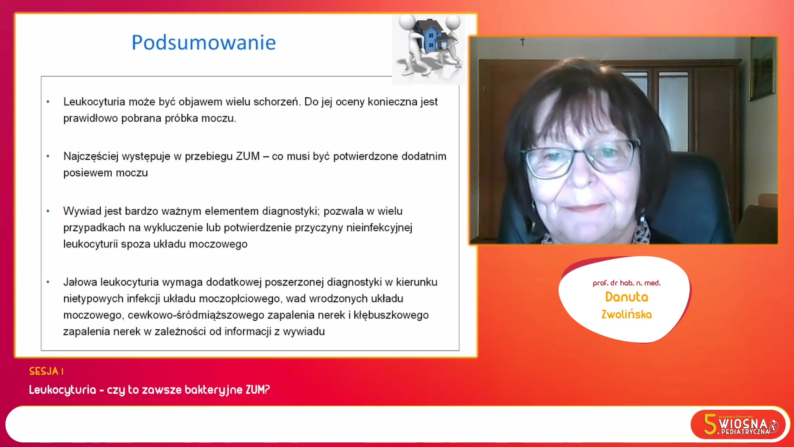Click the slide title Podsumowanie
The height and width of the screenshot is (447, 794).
pyautogui.click(x=203, y=43)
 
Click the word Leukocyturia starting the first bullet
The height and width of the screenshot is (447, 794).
pyautogui.click(x=94, y=102)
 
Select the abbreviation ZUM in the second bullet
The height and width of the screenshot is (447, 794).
pyautogui.click(x=248, y=156)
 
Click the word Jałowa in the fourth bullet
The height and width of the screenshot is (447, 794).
pyautogui.click(x=80, y=282)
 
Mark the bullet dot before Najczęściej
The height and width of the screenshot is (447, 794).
pyautogui.click(x=48, y=156)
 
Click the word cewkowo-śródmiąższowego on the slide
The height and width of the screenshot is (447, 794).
pyautogui.click(x=196, y=315)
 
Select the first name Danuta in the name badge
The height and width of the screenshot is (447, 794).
pyautogui.click(x=627, y=297)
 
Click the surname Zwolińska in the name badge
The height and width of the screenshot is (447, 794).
pyautogui.click(x=627, y=314)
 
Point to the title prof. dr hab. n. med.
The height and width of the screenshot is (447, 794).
pyautogui.click(x=627, y=283)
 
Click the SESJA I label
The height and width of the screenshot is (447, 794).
pyautogui.click(x=46, y=371)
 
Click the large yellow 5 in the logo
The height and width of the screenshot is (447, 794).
pyautogui.click(x=710, y=424)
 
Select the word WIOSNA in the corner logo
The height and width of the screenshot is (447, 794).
pyautogui.click(x=743, y=424)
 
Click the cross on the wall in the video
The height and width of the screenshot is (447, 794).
pyautogui.click(x=522, y=41)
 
